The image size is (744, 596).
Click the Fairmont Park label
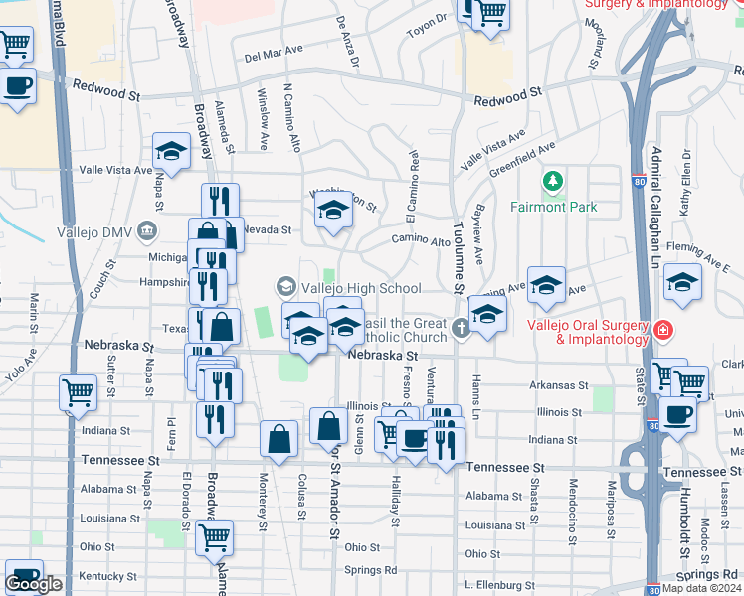tap(554, 207)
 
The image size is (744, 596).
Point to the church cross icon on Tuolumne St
tap(460, 328)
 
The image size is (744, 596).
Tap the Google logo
tap(34, 585)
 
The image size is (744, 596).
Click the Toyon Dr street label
tap(429, 26)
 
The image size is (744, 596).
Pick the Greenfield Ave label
tap(522, 158)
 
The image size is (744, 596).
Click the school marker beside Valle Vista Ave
tap(172, 153)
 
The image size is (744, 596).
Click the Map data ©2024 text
tap(702, 588)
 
